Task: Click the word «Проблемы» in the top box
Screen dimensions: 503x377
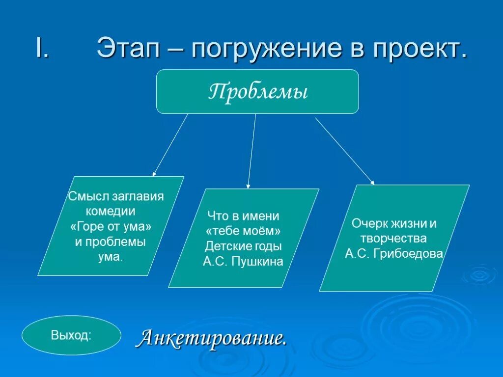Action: [258, 92]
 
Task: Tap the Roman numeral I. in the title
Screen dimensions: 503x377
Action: [41, 48]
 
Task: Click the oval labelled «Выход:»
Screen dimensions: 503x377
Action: [71, 335]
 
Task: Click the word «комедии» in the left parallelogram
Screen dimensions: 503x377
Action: [111, 212]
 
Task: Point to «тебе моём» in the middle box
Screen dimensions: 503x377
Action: [243, 231]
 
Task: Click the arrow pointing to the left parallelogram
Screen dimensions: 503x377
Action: [170, 145]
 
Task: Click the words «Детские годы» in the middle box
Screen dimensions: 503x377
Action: [244, 246]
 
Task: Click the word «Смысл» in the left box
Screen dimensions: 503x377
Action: [84, 197]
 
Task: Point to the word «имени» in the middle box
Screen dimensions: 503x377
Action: [263, 216]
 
